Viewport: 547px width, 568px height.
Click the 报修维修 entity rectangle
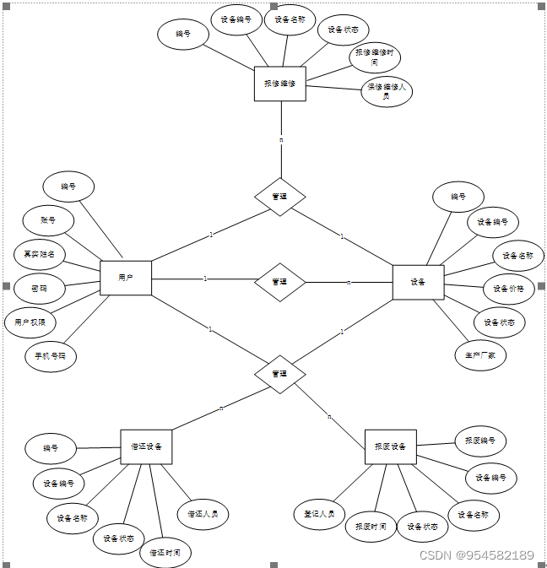[x=279, y=84]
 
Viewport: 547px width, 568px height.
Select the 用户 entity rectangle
[x=126, y=278]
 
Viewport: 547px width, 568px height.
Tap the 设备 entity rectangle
[x=418, y=282]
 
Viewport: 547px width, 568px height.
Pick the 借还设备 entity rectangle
[x=146, y=446]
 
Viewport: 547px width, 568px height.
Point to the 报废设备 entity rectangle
[x=390, y=446]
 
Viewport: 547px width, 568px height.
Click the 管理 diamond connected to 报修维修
[x=279, y=197]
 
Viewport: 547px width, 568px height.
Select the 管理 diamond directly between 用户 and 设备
[x=279, y=282]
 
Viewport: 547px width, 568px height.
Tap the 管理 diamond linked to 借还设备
[x=279, y=373]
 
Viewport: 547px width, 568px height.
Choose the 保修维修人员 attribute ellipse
[x=387, y=92]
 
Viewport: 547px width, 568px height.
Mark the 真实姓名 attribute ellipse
[x=39, y=253]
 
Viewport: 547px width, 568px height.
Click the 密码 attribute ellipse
[x=39, y=289]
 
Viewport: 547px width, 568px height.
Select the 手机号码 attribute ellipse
[x=51, y=356]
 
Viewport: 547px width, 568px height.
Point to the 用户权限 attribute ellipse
[x=30, y=322]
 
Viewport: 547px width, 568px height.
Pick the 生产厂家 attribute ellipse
[x=480, y=355]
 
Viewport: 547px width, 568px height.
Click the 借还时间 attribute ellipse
[x=165, y=553]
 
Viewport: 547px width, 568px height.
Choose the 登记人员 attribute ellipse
[x=319, y=513]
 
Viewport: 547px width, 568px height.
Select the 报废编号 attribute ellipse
[x=480, y=440]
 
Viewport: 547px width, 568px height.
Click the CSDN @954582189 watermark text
[x=477, y=555]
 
